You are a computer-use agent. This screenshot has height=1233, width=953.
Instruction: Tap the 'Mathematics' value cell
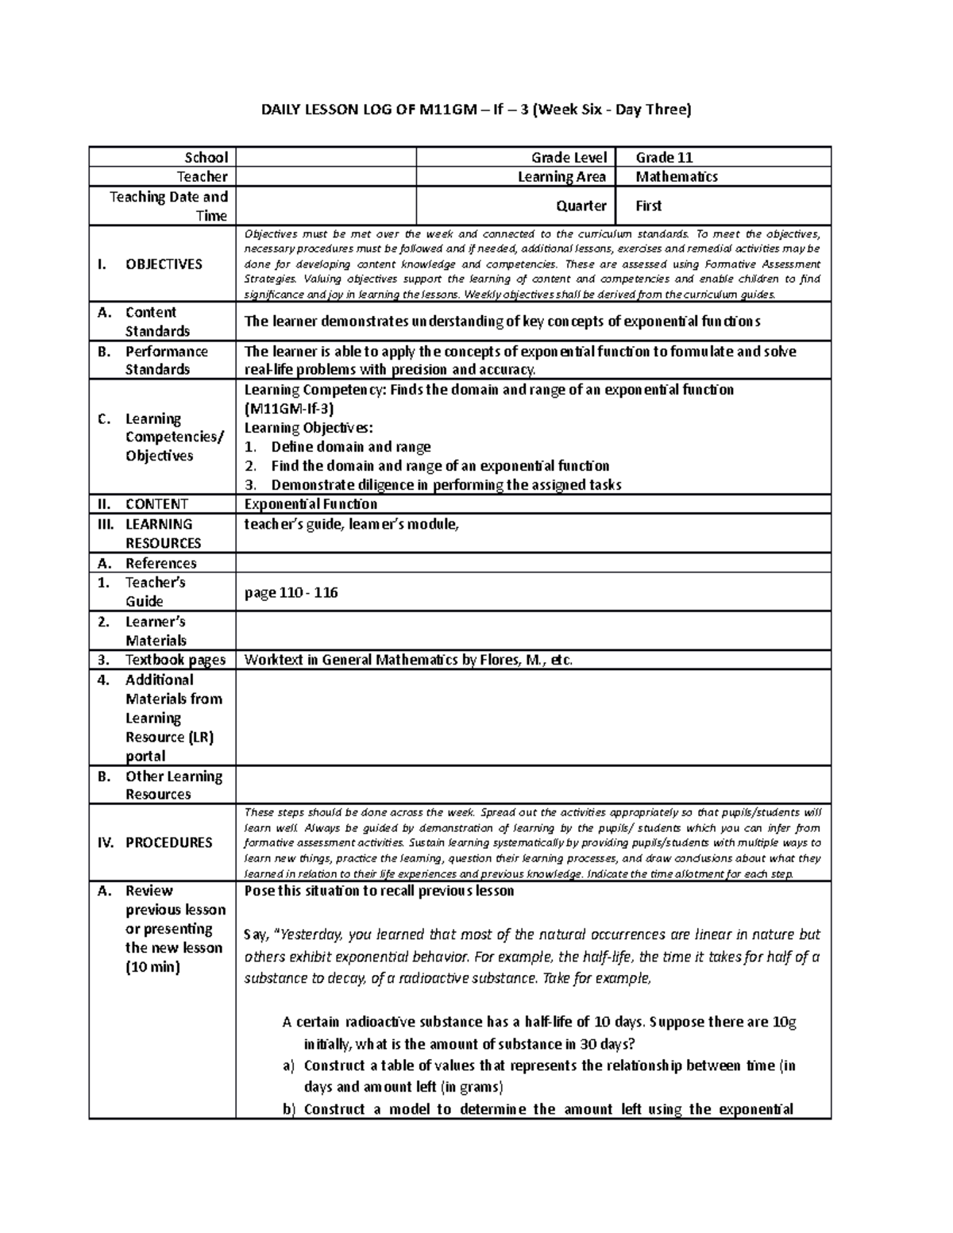click(x=677, y=176)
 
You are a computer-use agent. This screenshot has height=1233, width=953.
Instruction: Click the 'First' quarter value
click(x=648, y=206)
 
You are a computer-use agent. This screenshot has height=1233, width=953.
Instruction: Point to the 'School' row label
click(x=206, y=157)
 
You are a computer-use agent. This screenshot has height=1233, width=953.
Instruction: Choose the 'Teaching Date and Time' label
click(x=168, y=206)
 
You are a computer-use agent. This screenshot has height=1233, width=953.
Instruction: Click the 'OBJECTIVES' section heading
click(x=164, y=264)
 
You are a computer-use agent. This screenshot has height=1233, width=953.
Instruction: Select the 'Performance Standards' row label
click(x=166, y=360)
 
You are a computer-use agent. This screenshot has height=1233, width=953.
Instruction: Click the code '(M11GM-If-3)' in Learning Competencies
click(x=289, y=409)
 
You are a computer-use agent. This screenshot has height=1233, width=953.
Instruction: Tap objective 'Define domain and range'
click(x=350, y=447)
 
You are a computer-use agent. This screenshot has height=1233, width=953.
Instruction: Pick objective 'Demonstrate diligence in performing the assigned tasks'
click(x=446, y=485)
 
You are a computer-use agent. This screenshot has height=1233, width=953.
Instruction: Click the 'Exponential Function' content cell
click(x=311, y=504)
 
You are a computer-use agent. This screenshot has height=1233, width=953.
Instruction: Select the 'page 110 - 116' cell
click(x=291, y=592)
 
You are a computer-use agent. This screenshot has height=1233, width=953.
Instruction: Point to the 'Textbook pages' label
click(x=175, y=660)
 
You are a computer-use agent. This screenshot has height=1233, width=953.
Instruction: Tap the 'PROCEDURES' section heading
click(x=168, y=842)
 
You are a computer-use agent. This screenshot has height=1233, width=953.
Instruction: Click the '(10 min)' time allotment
click(x=152, y=967)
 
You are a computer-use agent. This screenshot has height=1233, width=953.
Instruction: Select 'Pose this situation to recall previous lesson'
click(x=379, y=891)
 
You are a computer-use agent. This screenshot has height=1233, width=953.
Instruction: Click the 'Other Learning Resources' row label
click(x=173, y=785)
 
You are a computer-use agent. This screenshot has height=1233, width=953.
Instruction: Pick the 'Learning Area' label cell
click(x=561, y=176)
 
